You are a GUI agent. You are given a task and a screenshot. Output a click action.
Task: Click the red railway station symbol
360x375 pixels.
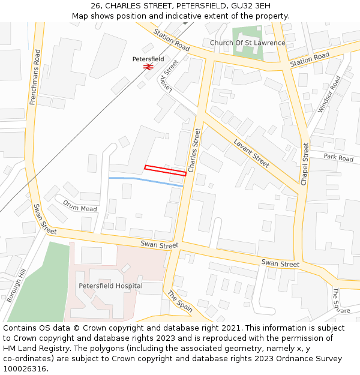click(x=148, y=67)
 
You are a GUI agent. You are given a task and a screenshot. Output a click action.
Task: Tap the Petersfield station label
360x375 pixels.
click(x=148, y=59)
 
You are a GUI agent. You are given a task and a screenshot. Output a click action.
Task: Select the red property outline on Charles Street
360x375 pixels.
click(x=165, y=170)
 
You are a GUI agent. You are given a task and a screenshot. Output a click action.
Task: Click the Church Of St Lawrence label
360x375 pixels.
click(x=247, y=43)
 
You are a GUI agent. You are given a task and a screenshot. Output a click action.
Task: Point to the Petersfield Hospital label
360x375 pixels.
click(x=110, y=286)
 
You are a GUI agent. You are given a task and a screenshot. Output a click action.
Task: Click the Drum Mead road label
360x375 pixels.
click(x=80, y=205)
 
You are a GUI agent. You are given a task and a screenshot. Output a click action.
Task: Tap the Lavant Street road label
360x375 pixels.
click(x=251, y=153)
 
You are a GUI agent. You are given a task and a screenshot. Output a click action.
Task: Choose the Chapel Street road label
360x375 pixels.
click(x=305, y=163)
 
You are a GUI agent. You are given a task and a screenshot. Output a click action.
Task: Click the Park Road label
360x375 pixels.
click(x=338, y=158)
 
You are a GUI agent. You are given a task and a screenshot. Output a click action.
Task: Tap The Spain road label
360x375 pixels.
click(x=180, y=301)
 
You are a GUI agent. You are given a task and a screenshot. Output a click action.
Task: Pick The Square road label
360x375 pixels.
click(x=340, y=301)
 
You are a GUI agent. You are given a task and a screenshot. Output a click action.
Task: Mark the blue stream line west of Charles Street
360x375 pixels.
click(x=144, y=181)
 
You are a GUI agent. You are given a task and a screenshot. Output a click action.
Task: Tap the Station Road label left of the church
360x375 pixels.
click(x=171, y=40)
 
